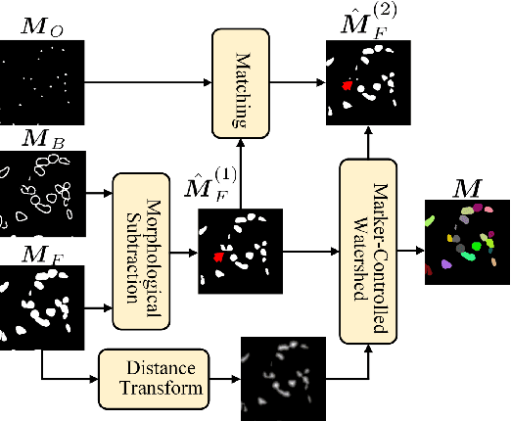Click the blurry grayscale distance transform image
pos(282,378)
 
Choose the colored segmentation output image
pos(468,242)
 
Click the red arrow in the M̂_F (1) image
pos(218,257)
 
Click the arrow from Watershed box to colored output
pos(411,241)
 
